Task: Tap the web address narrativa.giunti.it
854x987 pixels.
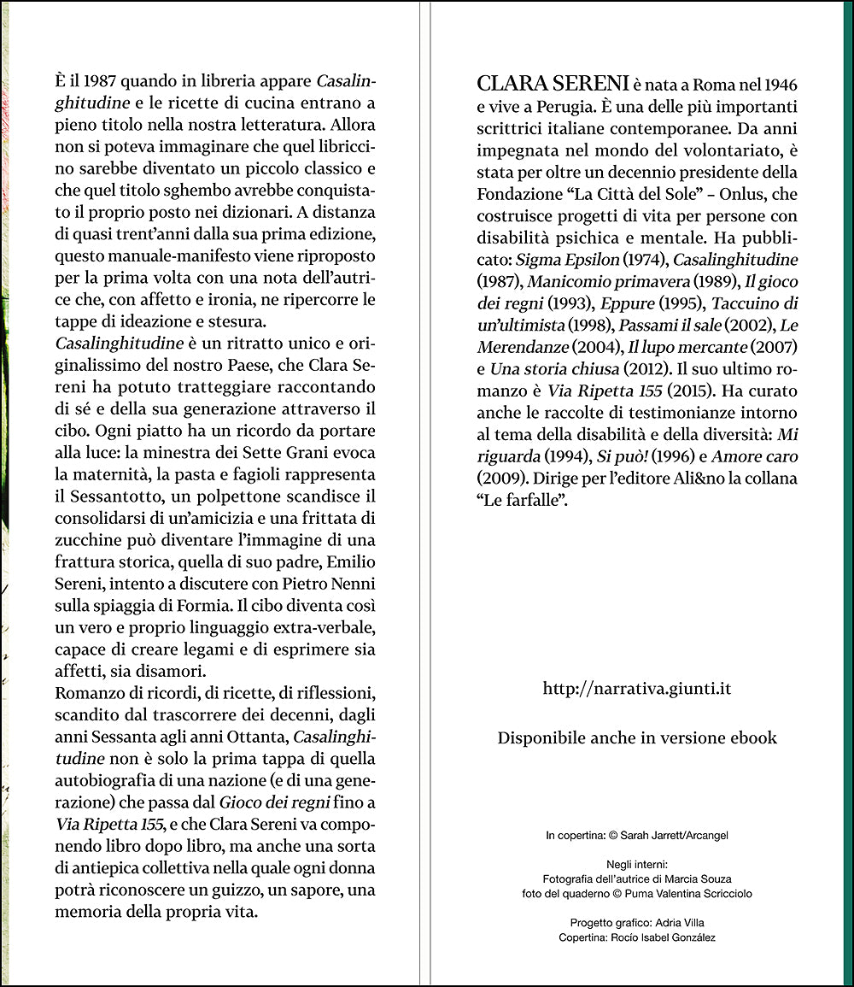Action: click(x=637, y=689)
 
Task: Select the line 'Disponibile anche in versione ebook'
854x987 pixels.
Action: click(x=637, y=737)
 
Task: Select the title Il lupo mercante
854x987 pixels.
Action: click(x=675, y=347)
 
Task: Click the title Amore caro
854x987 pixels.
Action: click(x=755, y=457)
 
